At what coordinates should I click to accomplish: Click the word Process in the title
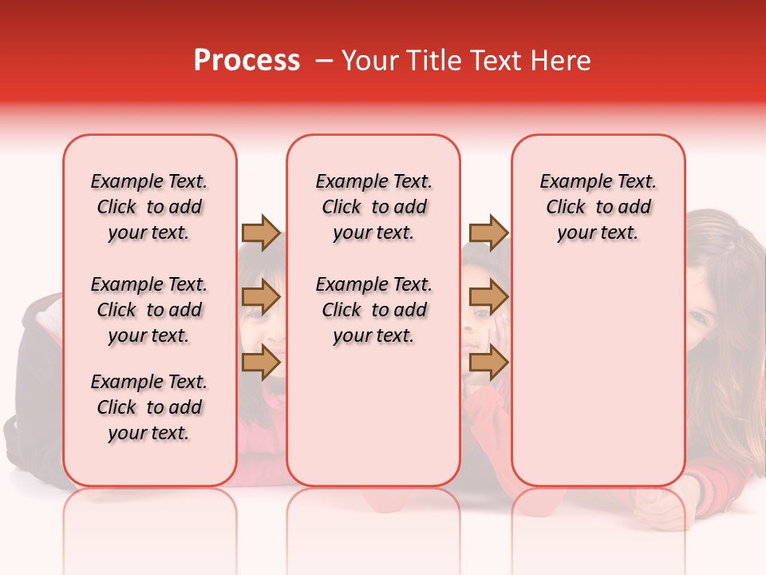tap(247, 61)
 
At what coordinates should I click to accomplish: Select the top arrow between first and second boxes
tap(261, 232)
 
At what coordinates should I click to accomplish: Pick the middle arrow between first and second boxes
tap(261, 298)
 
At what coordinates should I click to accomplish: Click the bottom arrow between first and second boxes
tap(261, 363)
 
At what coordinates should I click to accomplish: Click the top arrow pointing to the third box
tap(488, 232)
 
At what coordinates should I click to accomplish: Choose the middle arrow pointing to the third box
tap(488, 298)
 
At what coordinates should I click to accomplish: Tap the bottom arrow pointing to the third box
tap(488, 363)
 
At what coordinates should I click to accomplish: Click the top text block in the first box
tap(149, 207)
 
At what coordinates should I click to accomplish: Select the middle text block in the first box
tap(149, 310)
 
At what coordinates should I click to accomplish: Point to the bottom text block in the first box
tap(149, 407)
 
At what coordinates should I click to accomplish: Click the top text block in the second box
tap(373, 207)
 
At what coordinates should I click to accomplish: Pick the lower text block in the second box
tap(373, 310)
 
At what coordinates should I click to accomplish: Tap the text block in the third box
tap(598, 207)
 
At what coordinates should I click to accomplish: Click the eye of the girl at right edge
tap(700, 315)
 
